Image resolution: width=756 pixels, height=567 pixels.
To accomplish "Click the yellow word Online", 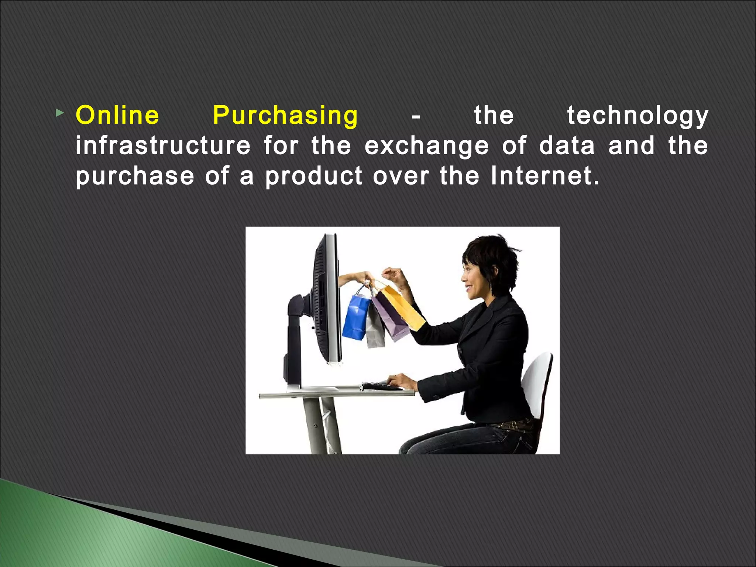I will coord(117,115).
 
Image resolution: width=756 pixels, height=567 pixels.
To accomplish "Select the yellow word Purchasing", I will coord(285,116).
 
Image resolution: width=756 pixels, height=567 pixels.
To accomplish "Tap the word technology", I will coord(638,116).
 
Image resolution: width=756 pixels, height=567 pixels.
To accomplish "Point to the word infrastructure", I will coord(163,145).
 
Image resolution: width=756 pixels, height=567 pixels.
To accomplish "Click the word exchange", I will coord(427,146).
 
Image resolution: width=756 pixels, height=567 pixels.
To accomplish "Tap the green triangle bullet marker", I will coord(59,114).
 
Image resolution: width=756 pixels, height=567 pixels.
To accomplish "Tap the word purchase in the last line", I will coord(135,176).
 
